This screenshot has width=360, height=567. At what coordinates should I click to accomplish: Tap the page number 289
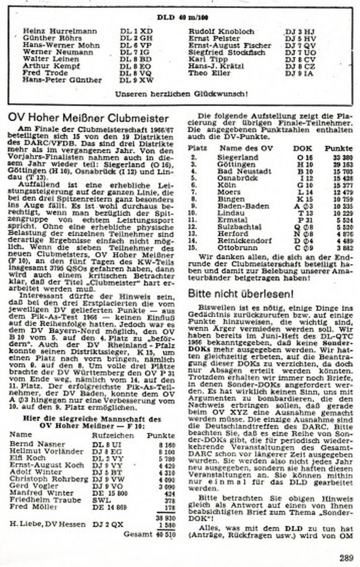346,557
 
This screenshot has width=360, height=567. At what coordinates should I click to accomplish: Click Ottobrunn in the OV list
235,248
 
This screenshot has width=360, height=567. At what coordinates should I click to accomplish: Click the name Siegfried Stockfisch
227,52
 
